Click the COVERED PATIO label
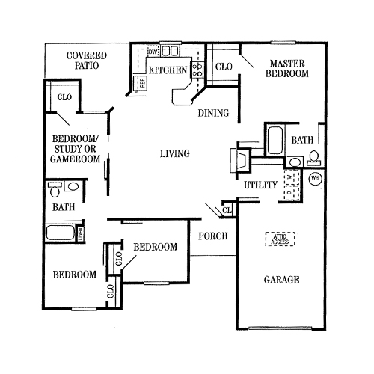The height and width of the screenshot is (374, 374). click(x=86, y=61)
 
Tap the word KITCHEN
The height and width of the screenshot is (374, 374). click(x=167, y=70)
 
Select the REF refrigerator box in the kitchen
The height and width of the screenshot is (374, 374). click(x=140, y=82)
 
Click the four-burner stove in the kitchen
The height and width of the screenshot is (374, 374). click(x=197, y=70)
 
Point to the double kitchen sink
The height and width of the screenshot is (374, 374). click(x=171, y=52)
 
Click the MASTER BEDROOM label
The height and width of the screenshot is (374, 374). click(x=289, y=70)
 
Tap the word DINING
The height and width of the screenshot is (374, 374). click(x=213, y=114)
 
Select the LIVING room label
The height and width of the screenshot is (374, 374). click(x=174, y=154)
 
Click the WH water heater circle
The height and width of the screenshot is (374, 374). click(x=315, y=178)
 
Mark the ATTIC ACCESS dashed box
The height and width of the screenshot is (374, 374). click(x=280, y=239)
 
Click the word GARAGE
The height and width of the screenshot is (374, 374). click(x=281, y=280)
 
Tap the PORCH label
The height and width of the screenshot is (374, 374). click(x=212, y=237)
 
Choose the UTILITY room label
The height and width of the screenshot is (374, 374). click(x=260, y=185)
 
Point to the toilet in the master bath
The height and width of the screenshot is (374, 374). click(x=313, y=156)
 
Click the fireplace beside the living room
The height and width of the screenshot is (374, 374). click(x=239, y=160)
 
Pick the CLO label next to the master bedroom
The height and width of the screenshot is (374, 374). click(x=224, y=67)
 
